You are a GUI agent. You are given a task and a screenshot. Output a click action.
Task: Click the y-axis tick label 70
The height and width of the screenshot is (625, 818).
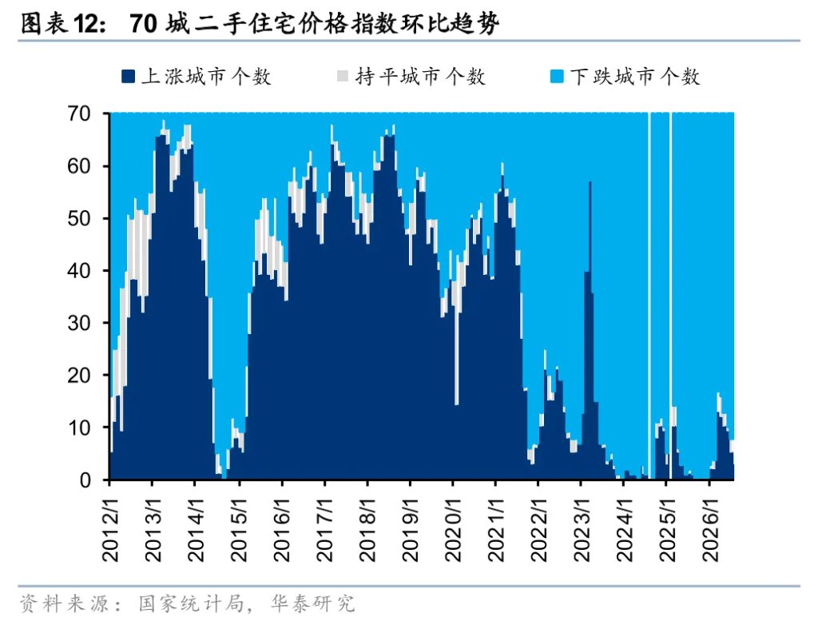[79, 113]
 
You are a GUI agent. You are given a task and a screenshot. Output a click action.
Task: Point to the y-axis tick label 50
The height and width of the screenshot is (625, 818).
[79, 218]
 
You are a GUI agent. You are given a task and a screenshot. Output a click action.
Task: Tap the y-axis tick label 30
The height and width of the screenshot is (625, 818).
[79, 323]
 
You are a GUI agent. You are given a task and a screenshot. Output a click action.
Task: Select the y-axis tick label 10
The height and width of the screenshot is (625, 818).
[79, 428]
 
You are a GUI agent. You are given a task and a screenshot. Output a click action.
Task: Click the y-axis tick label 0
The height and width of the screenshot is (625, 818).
[85, 480]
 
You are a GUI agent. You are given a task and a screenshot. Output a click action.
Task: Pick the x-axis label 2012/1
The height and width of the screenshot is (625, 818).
[110, 530]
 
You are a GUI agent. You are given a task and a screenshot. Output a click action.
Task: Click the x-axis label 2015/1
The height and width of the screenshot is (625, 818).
[239, 530]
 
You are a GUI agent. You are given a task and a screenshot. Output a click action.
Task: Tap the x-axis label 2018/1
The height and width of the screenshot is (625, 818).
[367, 530]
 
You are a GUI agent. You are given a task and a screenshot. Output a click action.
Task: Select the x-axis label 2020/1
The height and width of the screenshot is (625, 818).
[454, 530]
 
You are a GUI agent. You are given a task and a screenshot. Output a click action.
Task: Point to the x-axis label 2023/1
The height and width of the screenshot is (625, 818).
[582, 530]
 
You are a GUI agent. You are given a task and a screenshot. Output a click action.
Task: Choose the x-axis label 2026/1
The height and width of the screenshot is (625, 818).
[710, 530]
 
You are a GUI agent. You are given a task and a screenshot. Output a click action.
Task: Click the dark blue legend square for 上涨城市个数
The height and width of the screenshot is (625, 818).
[129, 77]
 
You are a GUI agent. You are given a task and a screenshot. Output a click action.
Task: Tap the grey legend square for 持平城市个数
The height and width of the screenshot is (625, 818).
[343, 76]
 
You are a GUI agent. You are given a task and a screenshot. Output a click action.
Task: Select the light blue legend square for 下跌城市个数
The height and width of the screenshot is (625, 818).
[557, 77]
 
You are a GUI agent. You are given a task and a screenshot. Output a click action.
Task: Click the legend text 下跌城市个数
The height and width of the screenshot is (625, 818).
[635, 77]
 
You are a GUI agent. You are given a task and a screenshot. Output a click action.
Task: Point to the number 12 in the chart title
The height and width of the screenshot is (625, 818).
[85, 23]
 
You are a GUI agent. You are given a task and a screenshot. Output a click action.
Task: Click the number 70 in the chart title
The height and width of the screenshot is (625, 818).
[143, 23]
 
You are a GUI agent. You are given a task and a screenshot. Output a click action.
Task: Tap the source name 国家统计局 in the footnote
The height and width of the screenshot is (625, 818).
[191, 603]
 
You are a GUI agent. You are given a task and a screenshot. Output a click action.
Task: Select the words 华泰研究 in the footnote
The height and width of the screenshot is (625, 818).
[312, 603]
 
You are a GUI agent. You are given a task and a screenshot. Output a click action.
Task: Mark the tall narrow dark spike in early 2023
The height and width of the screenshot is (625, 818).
[590, 330]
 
